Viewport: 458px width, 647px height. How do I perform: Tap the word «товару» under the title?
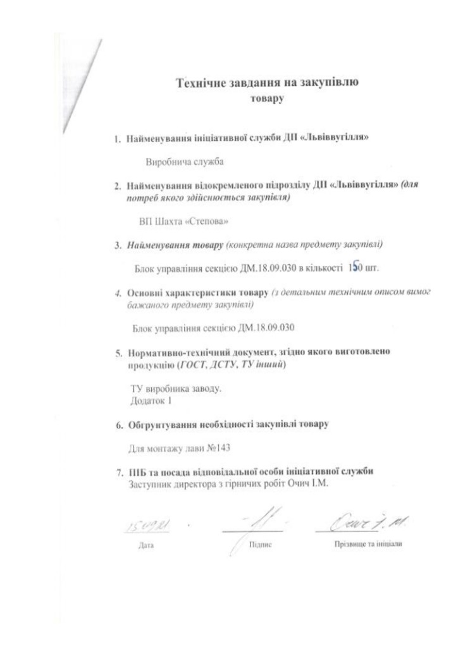click(268, 99)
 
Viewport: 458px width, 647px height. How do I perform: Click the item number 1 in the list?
click(117, 138)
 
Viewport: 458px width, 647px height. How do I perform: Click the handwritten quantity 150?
click(355, 267)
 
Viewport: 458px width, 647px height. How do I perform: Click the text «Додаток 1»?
click(151, 400)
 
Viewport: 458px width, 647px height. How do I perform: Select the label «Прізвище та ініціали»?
click(368, 543)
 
